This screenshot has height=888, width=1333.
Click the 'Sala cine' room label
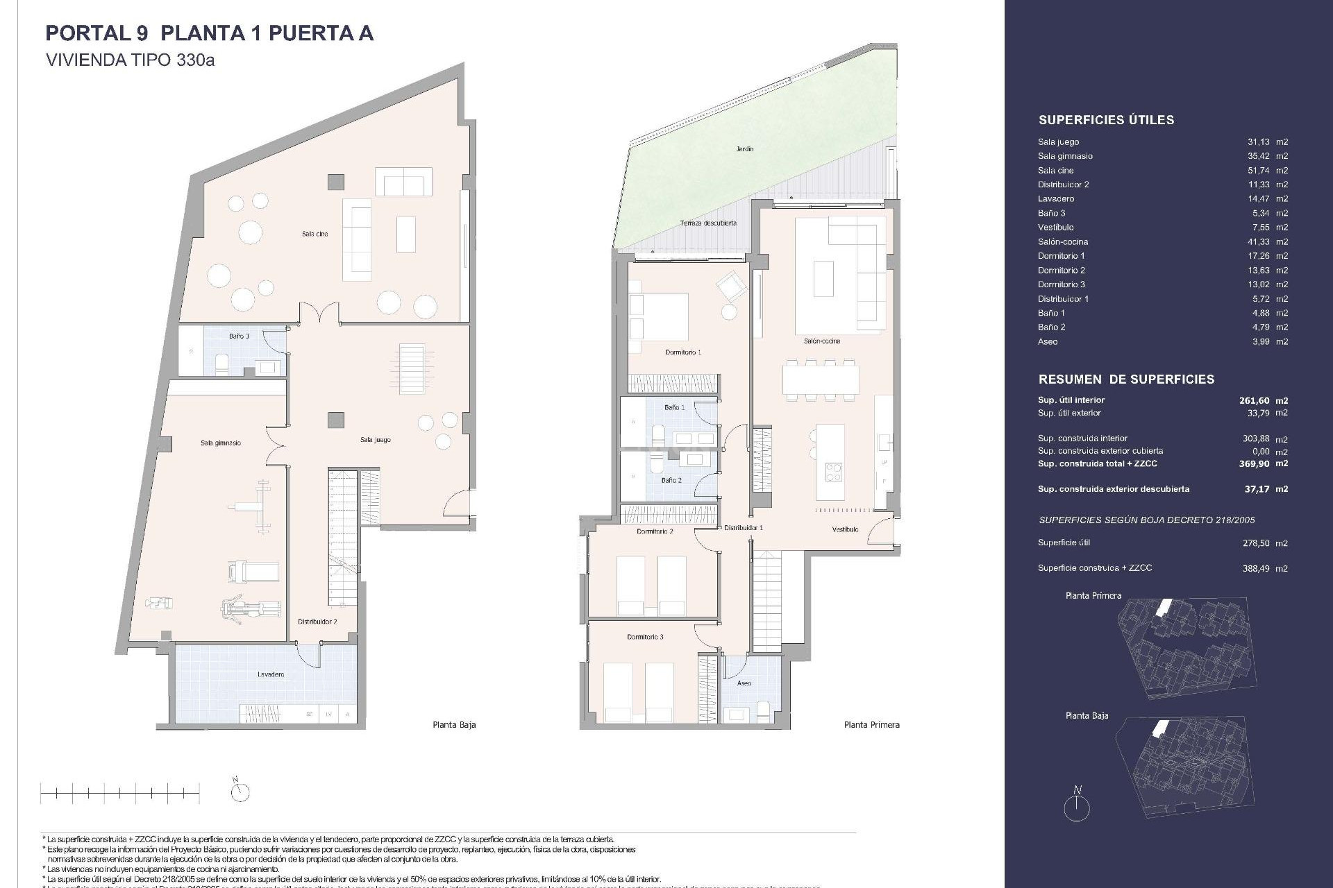pos(315,234)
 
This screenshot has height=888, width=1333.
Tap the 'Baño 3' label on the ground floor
pos(239,336)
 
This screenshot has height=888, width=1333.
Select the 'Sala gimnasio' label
pos(221,443)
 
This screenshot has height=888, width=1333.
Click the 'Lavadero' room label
pos(270,674)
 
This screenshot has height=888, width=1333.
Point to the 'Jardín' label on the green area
pos(745,148)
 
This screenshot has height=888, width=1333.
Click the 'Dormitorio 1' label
pos(683,352)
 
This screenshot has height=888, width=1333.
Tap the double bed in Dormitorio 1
pos(659,316)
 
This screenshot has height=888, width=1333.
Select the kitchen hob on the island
pos(832,472)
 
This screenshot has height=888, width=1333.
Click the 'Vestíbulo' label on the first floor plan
pos(845,529)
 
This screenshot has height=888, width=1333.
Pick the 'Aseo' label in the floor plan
pos(744,683)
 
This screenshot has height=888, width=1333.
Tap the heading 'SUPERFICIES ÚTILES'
pos(1106,120)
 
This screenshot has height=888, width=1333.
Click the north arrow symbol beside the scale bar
pos(240,790)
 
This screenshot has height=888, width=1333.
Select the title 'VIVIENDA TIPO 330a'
pos(130,60)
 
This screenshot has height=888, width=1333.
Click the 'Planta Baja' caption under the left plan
pos(454,725)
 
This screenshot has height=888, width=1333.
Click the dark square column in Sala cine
pos(336,182)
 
